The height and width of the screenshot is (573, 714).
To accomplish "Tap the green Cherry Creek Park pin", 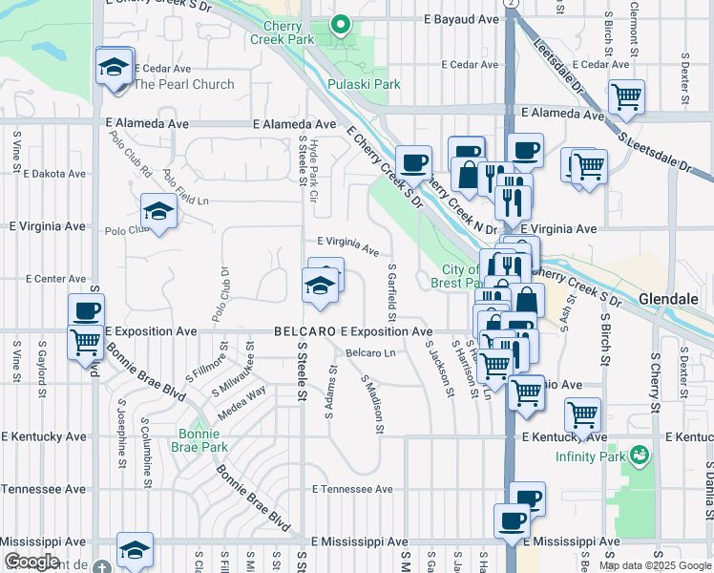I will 339,25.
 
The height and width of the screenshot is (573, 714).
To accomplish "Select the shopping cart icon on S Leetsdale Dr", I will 627,95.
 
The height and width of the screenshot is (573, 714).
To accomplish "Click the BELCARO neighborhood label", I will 304,331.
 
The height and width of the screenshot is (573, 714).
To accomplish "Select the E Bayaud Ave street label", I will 462,19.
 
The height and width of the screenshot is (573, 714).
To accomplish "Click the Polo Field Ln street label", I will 185,189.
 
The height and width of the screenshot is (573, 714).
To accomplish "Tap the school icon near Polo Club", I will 158,212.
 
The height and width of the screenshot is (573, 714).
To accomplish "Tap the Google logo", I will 32,562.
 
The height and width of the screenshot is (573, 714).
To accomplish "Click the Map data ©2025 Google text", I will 655,565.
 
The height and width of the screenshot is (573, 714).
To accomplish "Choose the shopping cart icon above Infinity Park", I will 582,414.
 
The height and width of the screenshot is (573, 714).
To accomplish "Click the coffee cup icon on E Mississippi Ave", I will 512,521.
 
